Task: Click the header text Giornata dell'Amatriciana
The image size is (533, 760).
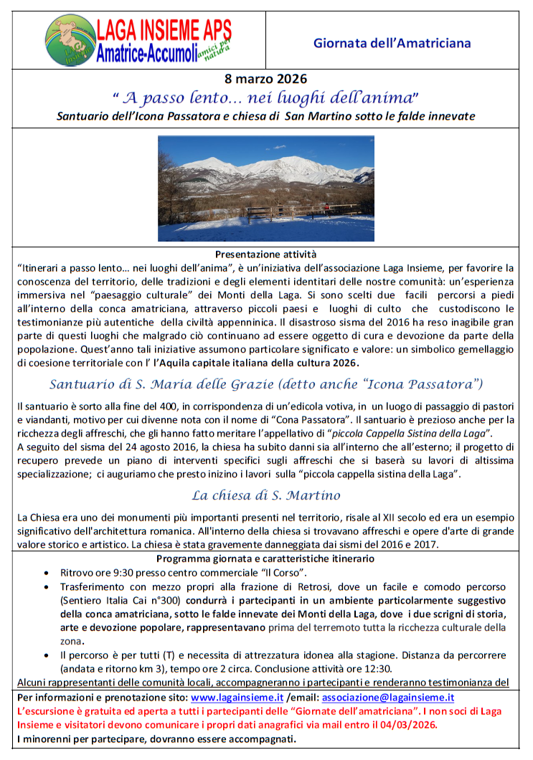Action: [392, 43]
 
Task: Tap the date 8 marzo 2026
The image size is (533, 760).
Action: [266, 78]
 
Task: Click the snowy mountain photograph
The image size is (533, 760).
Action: [266, 189]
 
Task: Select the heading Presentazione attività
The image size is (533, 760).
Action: [265, 254]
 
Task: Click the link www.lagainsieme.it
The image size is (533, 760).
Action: [237, 697]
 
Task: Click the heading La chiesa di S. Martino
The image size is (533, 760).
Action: [265, 495]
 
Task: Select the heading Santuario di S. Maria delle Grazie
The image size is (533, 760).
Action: [266, 384]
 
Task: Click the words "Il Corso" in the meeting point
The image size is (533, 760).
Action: [286, 573]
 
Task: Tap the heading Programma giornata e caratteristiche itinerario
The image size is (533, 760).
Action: [265, 559]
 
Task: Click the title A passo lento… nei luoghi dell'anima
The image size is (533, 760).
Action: [265, 97]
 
